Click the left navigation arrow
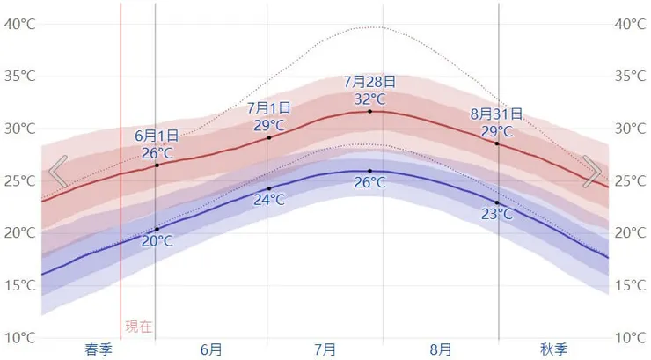pyautogui.click(x=58, y=172)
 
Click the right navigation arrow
pyautogui.click(x=592, y=172)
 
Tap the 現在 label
pyautogui.click(x=138, y=327)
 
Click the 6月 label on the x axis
pyautogui.click(x=211, y=349)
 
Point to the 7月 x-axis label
pyautogui.click(x=325, y=349)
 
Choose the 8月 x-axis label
pyautogui.click(x=441, y=349)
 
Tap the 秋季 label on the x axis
pyautogui.click(x=554, y=349)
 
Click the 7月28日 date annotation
pyautogui.click(x=369, y=82)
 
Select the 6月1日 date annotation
pyautogui.click(x=157, y=136)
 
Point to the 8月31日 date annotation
pyautogui.click(x=496, y=114)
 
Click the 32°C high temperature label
pyautogui.click(x=369, y=99)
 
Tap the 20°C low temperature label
pyautogui.click(x=157, y=241)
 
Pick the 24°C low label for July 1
pyautogui.click(x=269, y=201)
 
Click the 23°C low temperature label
pyautogui.click(x=497, y=214)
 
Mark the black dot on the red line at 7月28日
pyautogui.click(x=369, y=111)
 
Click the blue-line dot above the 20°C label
pyautogui.click(x=157, y=229)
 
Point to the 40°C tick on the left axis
pyautogui.click(x=19, y=24)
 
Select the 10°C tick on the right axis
pyautogui.click(x=630, y=338)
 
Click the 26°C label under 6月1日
pyautogui.click(x=157, y=152)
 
